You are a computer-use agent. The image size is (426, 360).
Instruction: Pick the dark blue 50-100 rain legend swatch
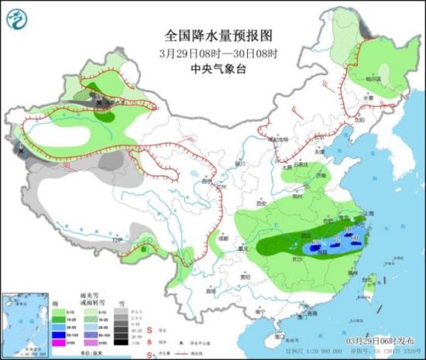[57, 334]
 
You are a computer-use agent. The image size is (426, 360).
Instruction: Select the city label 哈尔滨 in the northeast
[375, 78]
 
